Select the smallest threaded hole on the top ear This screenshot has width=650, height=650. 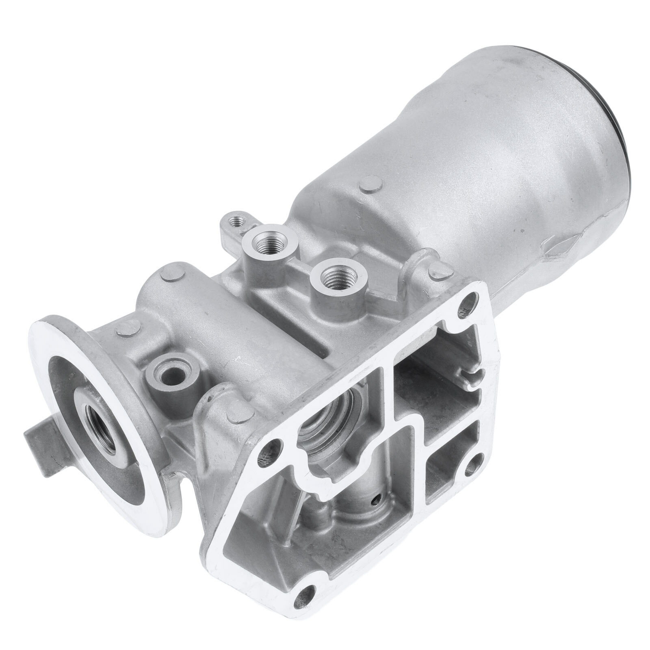pyautogui.click(x=235, y=222)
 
